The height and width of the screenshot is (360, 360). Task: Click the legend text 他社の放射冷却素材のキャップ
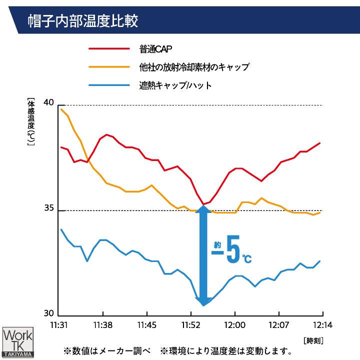[194, 67]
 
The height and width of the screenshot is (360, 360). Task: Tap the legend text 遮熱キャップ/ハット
[175, 85]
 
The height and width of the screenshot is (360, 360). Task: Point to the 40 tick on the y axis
[48, 102]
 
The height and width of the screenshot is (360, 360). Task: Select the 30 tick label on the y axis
[48, 313]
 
